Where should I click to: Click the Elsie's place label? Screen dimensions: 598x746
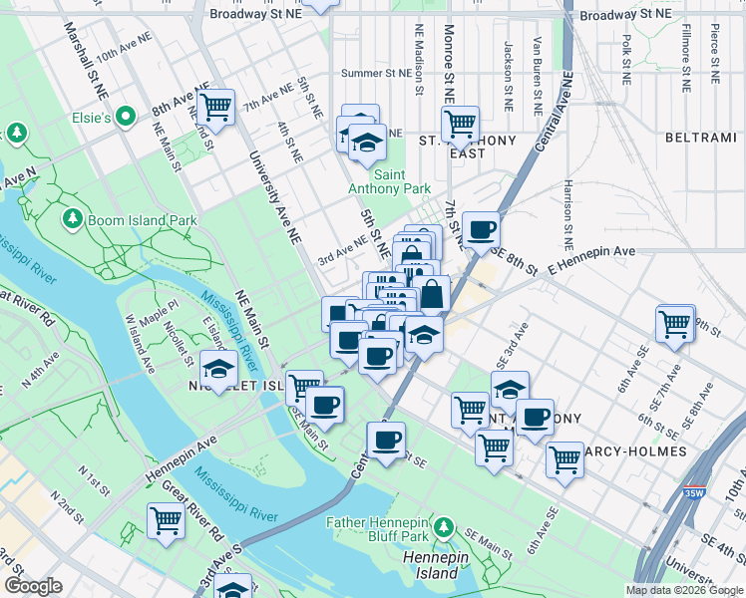92,118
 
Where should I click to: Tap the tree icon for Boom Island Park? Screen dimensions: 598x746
72,217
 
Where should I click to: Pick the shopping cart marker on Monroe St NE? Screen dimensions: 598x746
460,125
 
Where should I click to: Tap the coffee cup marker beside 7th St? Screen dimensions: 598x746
482,230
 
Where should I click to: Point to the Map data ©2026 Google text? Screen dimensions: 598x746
685,590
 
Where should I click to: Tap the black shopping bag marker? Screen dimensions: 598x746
433,294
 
